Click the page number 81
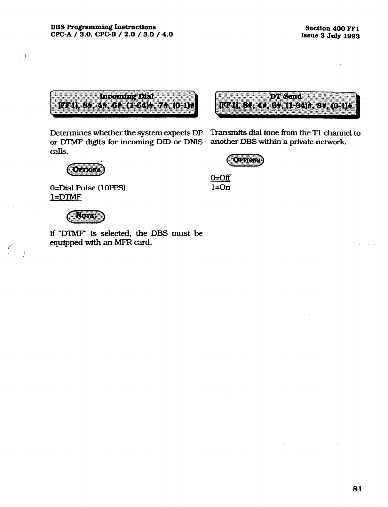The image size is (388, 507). click(x=357, y=489)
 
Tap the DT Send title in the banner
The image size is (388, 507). click(x=286, y=96)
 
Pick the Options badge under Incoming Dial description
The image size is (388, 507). click(x=86, y=170)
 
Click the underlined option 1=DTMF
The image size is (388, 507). click(x=66, y=197)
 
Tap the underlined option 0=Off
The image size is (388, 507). click(x=220, y=178)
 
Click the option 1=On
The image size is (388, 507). click(x=220, y=188)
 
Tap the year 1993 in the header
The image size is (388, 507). click(x=351, y=36)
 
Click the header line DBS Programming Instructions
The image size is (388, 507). click(x=103, y=27)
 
